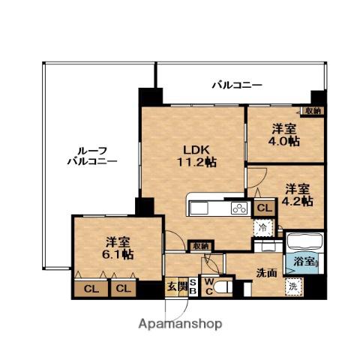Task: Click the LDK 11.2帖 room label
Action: click(196, 156)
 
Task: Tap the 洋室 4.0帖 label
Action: click(284, 135)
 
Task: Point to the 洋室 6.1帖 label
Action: click(118, 248)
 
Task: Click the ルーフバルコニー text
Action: click(92, 156)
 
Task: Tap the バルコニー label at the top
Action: click(237, 85)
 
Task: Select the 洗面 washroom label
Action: click(267, 273)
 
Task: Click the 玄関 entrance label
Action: click(177, 286)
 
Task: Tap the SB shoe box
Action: click(193, 286)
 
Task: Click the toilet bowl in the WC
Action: click(223, 287)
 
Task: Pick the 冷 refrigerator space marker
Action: click(264, 227)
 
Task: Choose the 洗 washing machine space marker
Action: click(294, 286)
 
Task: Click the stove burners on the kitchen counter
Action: click(239, 208)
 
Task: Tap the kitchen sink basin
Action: click(199, 208)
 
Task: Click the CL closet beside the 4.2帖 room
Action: click(265, 208)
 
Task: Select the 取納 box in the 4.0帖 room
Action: click(313, 111)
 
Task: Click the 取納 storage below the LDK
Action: click(201, 246)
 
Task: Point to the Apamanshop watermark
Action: click(180, 324)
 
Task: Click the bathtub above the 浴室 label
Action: click(304, 241)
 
